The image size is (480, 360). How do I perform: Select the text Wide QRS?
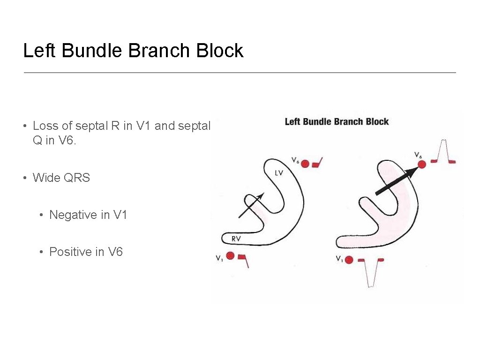point(61,178)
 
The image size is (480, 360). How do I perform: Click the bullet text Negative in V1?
point(88,215)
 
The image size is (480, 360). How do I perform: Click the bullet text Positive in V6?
point(86,252)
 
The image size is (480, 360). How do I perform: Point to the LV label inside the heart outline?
point(279,173)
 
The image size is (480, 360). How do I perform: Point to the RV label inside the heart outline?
point(236,239)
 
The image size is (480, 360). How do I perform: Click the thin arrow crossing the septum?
point(251,205)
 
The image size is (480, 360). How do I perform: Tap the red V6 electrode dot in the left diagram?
point(305,164)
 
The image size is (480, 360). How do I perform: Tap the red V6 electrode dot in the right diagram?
point(421,164)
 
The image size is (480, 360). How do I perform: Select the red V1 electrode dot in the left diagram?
point(230,255)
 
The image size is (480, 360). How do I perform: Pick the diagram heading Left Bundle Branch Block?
point(337,122)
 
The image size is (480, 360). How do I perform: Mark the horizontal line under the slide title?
point(240,73)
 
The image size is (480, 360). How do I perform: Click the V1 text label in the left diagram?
point(219,258)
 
